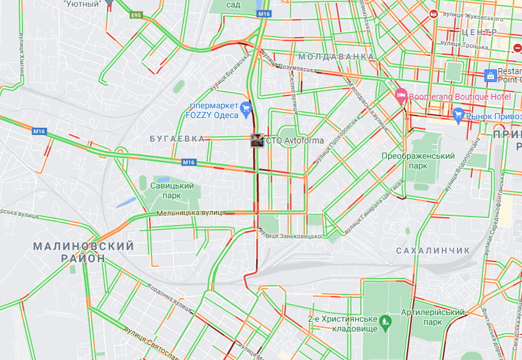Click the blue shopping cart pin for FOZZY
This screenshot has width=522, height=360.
coord(246,109)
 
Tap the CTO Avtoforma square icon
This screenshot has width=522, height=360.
coord(257,140)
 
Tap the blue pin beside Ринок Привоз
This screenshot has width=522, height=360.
coord(459,114)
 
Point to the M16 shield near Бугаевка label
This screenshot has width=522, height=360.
coord(189,162)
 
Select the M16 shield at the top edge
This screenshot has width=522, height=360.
coord(263,13)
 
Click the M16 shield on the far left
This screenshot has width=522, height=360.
coord(40,131)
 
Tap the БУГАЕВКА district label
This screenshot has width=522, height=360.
coord(176,139)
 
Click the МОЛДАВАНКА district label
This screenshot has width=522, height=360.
coord(336,57)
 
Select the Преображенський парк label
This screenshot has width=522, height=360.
coord(418,161)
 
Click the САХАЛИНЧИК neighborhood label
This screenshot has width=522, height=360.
coord(433,251)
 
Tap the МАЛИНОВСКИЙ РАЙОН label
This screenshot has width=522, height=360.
coord(83,252)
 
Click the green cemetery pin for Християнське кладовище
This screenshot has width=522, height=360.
coord(385,320)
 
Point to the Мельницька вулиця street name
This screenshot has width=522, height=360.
coord(191,213)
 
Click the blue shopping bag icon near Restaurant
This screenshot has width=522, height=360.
coord(490,75)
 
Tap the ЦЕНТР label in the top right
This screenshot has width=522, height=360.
coord(479,32)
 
